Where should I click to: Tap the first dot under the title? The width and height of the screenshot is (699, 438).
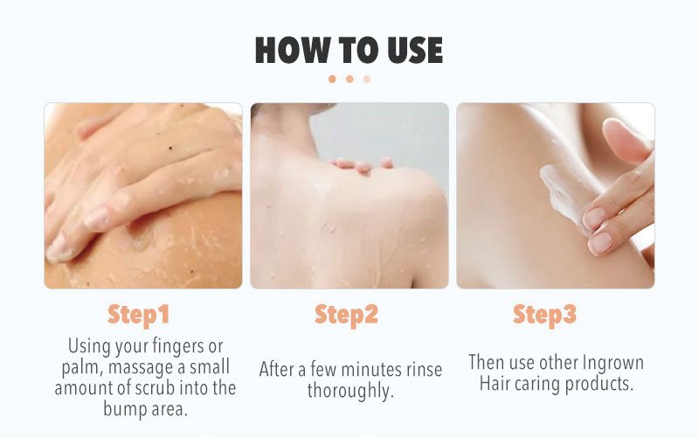point(332,79)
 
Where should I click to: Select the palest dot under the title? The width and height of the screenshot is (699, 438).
point(366,79)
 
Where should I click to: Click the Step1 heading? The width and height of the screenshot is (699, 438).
point(139,316)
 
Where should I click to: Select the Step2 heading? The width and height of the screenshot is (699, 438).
point(346,316)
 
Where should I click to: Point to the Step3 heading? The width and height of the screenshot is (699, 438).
point(544,316)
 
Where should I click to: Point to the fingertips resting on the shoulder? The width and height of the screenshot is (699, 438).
point(361,164)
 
